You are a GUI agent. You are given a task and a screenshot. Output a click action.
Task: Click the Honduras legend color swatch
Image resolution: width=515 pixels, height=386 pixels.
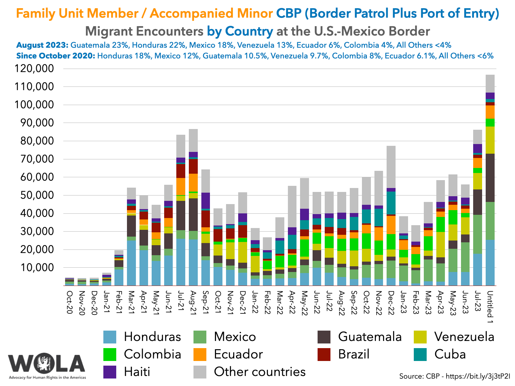coord(109,337)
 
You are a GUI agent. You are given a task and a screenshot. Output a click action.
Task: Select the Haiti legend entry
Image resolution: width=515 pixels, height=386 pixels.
coord(137,372)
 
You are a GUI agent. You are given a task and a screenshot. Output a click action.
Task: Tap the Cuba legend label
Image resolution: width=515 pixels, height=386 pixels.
coord(450,354)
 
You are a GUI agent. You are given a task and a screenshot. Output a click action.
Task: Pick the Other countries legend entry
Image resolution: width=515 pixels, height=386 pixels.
coord(260,372)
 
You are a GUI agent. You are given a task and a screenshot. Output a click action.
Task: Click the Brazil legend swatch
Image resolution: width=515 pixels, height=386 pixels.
coord(324,355)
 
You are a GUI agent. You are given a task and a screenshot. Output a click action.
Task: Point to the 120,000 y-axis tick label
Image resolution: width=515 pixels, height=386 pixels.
coord(34,69)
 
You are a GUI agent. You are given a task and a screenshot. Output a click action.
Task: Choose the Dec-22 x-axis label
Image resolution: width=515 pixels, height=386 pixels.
coord(391,303)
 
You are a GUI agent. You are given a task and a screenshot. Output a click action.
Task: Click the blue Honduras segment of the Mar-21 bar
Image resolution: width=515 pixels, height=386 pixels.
coord(132,263)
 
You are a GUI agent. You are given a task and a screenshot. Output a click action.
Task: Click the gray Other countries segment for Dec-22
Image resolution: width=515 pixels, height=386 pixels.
coord(391,167)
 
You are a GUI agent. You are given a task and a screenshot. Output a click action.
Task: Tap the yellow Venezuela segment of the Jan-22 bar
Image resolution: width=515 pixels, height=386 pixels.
coord(255,264)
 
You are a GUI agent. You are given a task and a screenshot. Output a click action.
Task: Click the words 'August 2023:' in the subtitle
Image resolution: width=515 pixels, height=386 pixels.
coord(42,45)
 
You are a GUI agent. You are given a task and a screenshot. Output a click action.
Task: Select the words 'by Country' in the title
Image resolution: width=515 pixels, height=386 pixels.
coord(240,31)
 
